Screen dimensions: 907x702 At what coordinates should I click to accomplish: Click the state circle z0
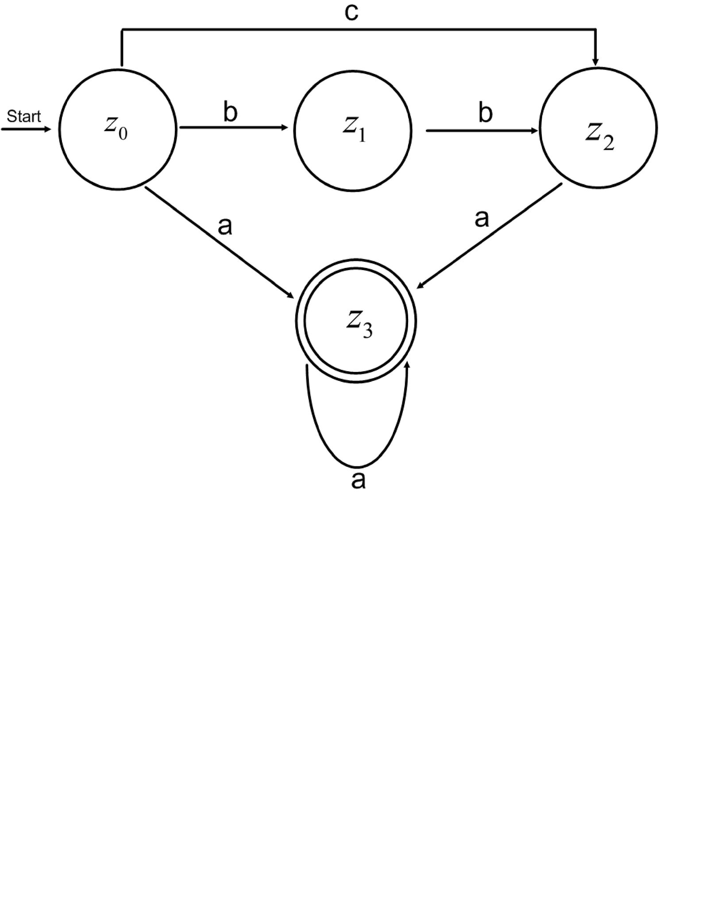pos(118,129)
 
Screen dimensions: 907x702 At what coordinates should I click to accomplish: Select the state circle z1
pos(353,131)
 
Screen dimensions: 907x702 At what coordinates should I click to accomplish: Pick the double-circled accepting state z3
pos(356,321)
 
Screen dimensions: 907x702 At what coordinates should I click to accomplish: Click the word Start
pos(24,116)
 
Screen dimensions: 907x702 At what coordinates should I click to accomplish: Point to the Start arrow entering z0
pos(27,130)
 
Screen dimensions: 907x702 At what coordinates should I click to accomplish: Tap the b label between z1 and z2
pos(485,113)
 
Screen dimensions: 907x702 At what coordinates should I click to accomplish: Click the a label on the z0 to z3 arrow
pos(225,227)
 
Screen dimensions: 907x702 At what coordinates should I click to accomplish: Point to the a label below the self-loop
pos(358,481)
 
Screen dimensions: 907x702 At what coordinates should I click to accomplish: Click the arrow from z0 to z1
pos(233,128)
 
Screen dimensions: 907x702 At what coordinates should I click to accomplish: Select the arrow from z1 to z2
pos(482,131)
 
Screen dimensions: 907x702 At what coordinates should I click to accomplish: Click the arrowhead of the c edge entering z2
pos(595,61)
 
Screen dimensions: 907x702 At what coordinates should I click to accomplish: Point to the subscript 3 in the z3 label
pos(367,331)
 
